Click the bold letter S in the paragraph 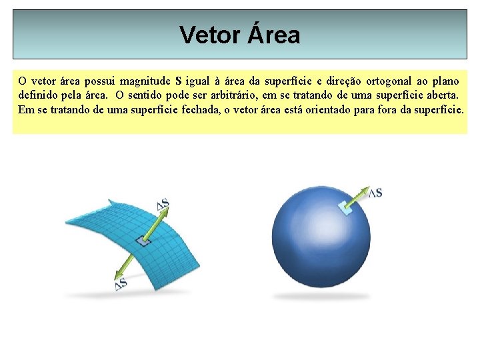pyautogui.click(x=178, y=82)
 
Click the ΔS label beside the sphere pyautogui.click(x=375, y=193)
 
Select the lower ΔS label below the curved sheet pyautogui.click(x=121, y=284)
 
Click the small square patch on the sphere pyautogui.click(x=345, y=208)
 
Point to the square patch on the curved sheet pyautogui.click(x=143, y=241)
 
